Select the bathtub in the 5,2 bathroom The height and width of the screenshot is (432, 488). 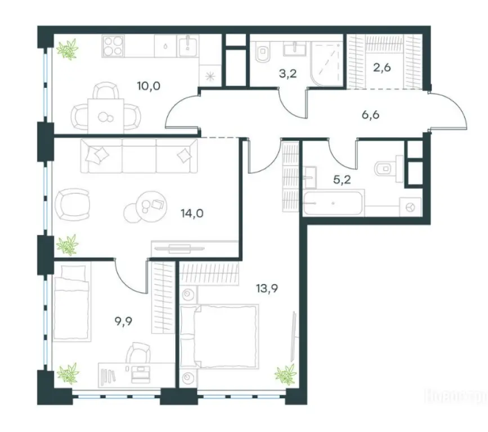coord(334,202)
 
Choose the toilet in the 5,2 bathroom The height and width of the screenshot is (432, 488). coord(387,167)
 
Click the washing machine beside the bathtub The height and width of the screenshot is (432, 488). coord(410,207)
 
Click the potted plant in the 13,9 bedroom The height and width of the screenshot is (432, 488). coord(284,373)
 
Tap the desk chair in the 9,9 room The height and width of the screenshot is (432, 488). coord(137,355)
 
